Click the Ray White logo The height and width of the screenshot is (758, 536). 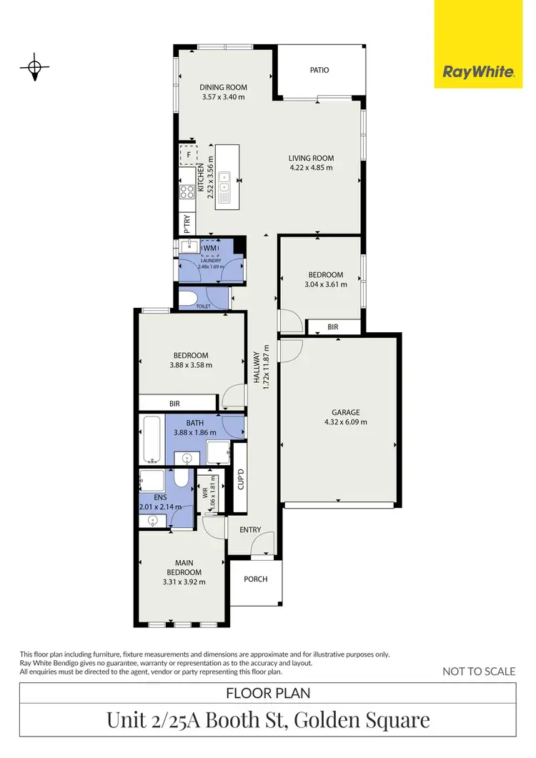478,71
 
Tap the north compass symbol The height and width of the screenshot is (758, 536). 34,69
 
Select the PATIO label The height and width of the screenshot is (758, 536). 319,70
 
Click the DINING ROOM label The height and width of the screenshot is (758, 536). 223,88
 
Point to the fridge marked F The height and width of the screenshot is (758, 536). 189,154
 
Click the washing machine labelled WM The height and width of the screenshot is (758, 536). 209,248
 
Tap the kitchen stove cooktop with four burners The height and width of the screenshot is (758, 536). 187,191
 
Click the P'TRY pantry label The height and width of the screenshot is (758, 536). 187,224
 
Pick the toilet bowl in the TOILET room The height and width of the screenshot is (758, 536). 189,299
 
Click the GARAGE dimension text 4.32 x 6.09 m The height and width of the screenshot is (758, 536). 345,422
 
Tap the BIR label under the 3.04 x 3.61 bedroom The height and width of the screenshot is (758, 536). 333,326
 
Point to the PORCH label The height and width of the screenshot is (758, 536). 256,579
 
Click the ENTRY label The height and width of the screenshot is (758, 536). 250,530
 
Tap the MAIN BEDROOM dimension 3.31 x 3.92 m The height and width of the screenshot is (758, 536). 184,582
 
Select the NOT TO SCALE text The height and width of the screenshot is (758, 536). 479,671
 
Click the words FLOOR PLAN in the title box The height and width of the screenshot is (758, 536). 268,693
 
